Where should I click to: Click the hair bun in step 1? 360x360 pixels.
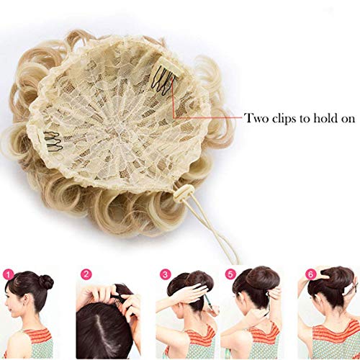tap(46, 282)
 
